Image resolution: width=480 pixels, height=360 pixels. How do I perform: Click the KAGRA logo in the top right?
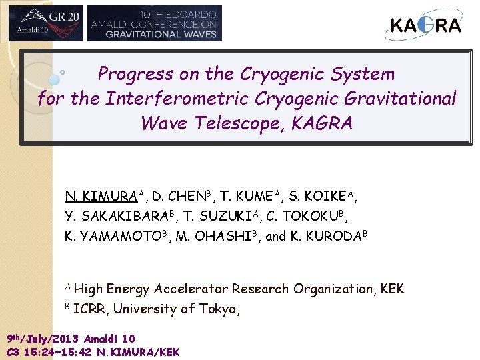pos(425,25)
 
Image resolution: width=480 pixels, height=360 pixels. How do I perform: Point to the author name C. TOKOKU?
pos(307,216)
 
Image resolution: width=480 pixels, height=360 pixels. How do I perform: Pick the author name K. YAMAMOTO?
pos(110,236)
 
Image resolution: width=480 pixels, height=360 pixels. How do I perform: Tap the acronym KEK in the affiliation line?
pos(392,289)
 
